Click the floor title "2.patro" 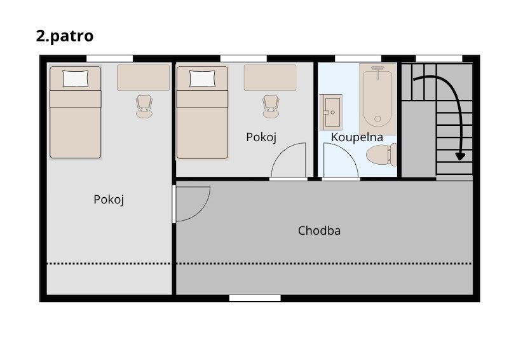point(65,36)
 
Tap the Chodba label point(319,230)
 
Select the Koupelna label point(357,137)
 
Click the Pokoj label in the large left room point(109,200)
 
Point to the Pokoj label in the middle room point(261,137)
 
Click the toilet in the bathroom point(381,155)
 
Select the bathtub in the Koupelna point(377,99)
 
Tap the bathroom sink point(331,112)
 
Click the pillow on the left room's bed point(76,78)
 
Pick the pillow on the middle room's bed point(202,78)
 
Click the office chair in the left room point(144,107)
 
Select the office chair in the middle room point(271,107)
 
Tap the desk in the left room point(144,78)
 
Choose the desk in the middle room point(270,78)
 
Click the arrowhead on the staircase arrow point(460,156)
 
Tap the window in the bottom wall point(255,298)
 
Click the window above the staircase point(438,59)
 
